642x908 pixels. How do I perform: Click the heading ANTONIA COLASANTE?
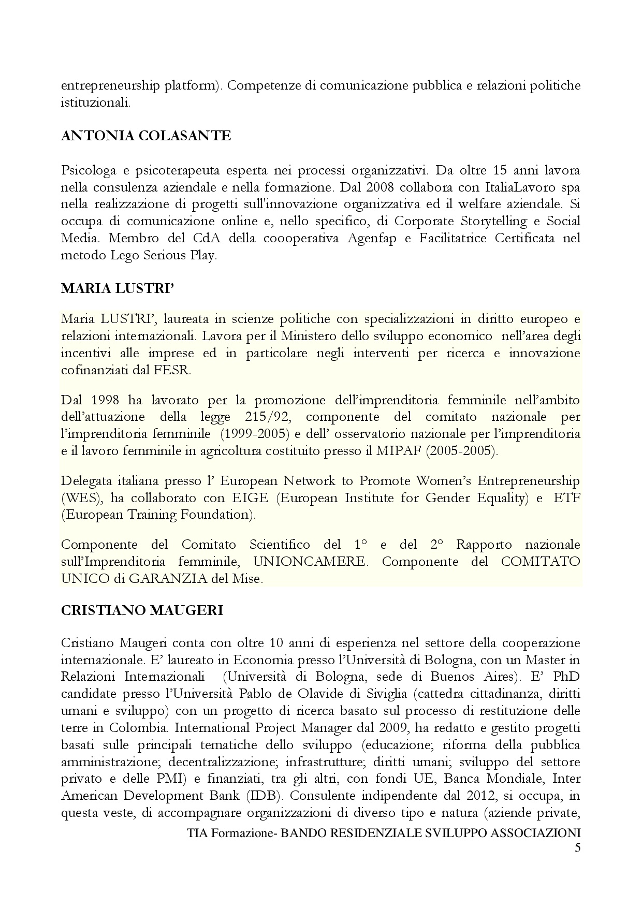[x=145, y=136]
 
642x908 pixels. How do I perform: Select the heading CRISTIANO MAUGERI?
[x=142, y=610]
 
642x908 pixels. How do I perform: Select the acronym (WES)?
[x=77, y=498]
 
